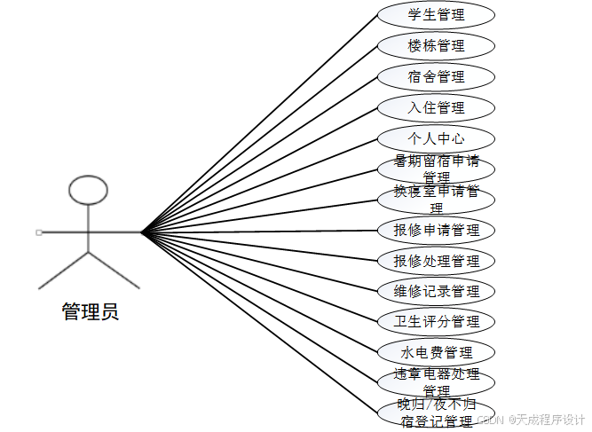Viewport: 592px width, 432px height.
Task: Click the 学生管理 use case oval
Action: coord(436,15)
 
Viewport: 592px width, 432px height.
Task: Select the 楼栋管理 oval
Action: coord(436,45)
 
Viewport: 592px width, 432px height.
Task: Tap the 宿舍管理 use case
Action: coord(436,76)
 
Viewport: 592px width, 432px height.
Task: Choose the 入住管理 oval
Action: coord(436,107)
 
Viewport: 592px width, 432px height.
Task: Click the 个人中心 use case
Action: coord(436,138)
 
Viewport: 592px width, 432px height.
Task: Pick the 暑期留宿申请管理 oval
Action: coord(436,169)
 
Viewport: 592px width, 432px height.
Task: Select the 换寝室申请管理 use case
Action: coord(436,200)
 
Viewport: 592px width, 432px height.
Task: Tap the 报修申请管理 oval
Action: coord(436,231)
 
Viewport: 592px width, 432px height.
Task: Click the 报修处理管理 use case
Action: coord(436,261)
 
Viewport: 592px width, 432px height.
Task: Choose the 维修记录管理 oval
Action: coord(436,291)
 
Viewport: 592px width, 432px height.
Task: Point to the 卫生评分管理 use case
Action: coord(436,321)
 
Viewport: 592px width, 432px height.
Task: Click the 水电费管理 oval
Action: coord(436,352)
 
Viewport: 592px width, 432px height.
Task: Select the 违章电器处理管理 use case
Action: coord(436,381)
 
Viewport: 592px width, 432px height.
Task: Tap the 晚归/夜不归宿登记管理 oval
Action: coord(436,413)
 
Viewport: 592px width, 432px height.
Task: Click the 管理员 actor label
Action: coord(89,311)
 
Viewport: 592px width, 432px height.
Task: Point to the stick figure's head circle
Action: coord(89,189)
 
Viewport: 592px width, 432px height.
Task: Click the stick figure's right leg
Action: coord(115,271)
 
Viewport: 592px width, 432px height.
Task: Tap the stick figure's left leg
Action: coord(62,271)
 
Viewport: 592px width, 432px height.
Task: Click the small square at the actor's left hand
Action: coord(39,232)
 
